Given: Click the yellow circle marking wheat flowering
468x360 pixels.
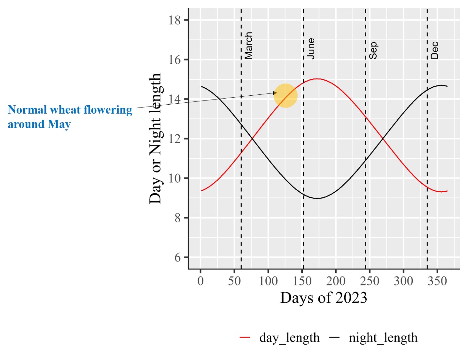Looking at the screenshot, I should (285, 96).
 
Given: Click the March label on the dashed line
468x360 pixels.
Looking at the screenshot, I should (248, 45).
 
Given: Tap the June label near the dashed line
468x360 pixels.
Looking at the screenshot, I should (311, 49).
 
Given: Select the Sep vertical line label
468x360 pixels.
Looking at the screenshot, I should (373, 51).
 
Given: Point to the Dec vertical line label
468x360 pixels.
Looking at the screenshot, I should (434, 51).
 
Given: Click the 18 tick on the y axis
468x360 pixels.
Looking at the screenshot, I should (175, 20).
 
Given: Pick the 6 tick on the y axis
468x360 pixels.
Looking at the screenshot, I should (177, 257).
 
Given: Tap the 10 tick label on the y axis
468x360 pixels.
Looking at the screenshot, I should (175, 178).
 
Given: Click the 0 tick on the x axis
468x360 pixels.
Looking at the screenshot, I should (200, 281).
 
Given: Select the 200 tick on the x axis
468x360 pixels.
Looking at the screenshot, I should (336, 281).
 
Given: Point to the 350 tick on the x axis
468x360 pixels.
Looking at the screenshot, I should (437, 281).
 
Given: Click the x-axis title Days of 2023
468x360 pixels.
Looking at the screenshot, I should (324, 298).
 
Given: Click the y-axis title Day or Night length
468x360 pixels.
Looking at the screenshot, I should (156, 139).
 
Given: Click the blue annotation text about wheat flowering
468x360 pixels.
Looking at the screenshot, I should (70, 117).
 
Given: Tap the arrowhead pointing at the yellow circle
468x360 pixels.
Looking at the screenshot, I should (275, 93).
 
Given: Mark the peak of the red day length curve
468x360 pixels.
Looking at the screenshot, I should (317, 79).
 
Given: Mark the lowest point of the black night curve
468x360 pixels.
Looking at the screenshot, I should (317, 198).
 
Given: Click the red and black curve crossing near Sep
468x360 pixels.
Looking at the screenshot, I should (383, 139).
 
